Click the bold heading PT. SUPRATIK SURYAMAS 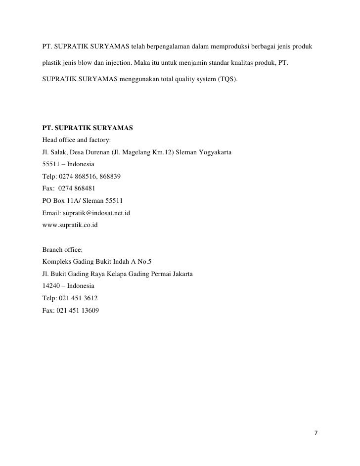pyautogui.click(x=88, y=128)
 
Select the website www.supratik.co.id pyautogui.click(x=70, y=225)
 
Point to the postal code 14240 pyautogui.click(x=52, y=286)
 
